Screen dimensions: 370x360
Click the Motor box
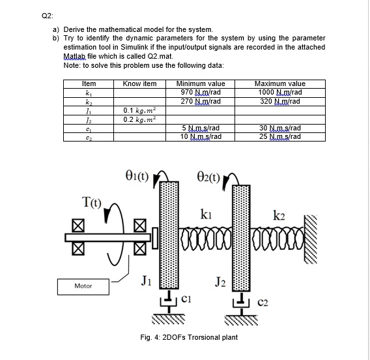click(x=83, y=287)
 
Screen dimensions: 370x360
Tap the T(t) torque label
click(x=92, y=202)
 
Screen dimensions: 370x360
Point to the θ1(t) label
click(x=137, y=175)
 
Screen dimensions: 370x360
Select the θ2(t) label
click(x=208, y=177)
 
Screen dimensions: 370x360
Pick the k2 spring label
click(x=279, y=215)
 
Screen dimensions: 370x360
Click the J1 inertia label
click(x=147, y=280)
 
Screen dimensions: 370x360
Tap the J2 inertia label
click(x=220, y=282)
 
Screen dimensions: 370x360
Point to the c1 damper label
click(x=186, y=299)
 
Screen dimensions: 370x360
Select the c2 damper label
click(x=263, y=303)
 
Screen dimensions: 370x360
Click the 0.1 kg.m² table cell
click(x=139, y=111)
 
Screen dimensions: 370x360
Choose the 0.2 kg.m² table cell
click(x=139, y=119)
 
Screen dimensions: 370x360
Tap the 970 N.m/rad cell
click(x=201, y=92)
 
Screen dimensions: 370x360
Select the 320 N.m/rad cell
click(x=280, y=101)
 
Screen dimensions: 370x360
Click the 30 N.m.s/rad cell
click(x=280, y=128)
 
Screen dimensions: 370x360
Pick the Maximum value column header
click(x=280, y=83)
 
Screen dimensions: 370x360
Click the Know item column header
click(x=139, y=83)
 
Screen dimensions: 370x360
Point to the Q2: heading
click(x=48, y=16)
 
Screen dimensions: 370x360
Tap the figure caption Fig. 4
click(x=189, y=337)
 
